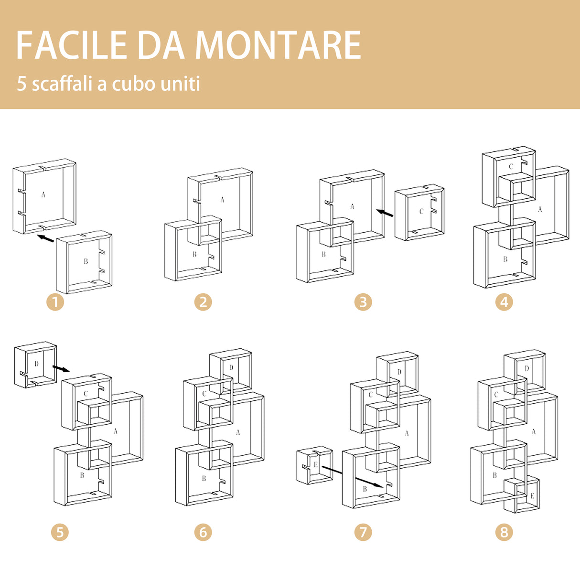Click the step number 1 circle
(x=55, y=302)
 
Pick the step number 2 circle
(x=203, y=302)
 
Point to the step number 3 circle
(x=363, y=302)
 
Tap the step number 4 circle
(x=504, y=302)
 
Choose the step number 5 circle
(x=60, y=532)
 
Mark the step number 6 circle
(x=203, y=532)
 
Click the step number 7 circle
(x=363, y=532)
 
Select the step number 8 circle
(x=504, y=532)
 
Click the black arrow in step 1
(x=45, y=238)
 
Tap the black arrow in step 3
(x=385, y=213)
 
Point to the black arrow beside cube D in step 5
(x=61, y=368)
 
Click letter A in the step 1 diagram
(x=43, y=194)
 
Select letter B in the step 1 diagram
(x=86, y=261)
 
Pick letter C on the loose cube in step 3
(x=421, y=212)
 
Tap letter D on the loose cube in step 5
(x=36, y=364)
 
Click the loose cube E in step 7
(x=314, y=465)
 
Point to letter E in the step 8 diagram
(x=532, y=496)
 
